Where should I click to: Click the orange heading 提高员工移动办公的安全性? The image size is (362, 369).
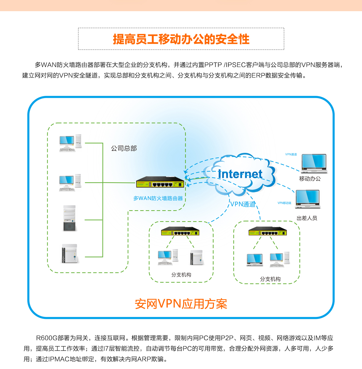click(x=181, y=39)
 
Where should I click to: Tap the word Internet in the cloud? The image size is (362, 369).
click(x=240, y=174)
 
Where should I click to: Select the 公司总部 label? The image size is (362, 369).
click(x=124, y=148)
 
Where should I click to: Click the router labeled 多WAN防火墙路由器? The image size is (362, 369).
click(x=160, y=182)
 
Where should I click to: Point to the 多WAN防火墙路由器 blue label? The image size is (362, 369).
click(x=158, y=198)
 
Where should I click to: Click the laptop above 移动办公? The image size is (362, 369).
click(x=314, y=163)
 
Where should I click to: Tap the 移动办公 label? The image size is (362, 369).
click(x=310, y=179)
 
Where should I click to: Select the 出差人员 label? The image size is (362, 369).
click(x=307, y=218)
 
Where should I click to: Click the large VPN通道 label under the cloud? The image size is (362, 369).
click(x=243, y=204)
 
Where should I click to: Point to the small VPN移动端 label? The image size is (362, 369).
click(x=284, y=203)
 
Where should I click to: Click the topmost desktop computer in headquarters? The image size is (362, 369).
click(x=70, y=143)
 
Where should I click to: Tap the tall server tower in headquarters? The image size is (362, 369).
click(x=70, y=218)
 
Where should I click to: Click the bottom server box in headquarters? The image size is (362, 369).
click(x=70, y=254)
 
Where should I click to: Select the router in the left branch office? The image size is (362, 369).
click(x=180, y=231)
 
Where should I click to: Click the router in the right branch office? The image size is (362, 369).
click(x=267, y=231)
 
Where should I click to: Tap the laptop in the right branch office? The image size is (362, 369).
click(x=255, y=260)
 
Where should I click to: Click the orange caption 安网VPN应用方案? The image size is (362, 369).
click(x=181, y=304)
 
